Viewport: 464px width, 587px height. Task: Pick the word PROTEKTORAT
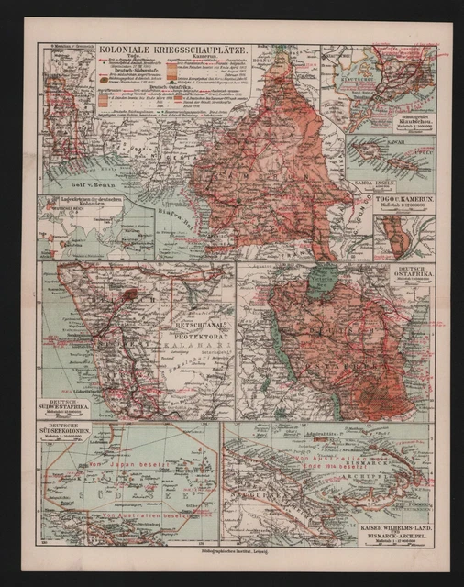190,335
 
